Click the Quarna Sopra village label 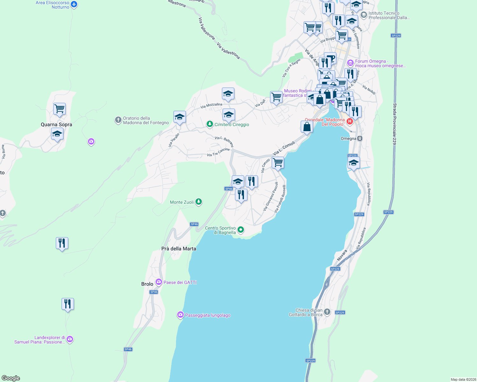pyautogui.click(x=56, y=124)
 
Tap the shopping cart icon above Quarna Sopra pyautogui.click(x=60, y=109)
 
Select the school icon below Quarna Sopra pyautogui.click(x=57, y=134)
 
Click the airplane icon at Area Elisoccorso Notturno pyautogui.click(x=74, y=4)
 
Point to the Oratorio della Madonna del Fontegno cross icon pyautogui.click(x=118, y=120)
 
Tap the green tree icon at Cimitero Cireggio pyautogui.click(x=209, y=124)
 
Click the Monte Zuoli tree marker pyautogui.click(x=199, y=202)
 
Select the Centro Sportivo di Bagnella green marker pyautogui.click(x=241, y=230)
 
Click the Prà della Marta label pyautogui.click(x=179, y=249)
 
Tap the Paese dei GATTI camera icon pyautogui.click(x=158, y=282)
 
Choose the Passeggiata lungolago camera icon pyautogui.click(x=180, y=315)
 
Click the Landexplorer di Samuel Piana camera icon pyautogui.click(x=70, y=339)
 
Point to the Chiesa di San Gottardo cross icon pyautogui.click(x=327, y=312)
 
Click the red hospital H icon pyautogui.click(x=350, y=121)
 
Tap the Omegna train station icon pyautogui.click(x=360, y=138)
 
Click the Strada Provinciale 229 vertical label pyautogui.click(x=395, y=124)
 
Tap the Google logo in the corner pyautogui.click(x=11, y=378)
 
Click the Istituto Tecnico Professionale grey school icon pyautogui.click(x=363, y=15)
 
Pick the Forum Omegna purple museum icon pyautogui.click(x=350, y=63)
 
